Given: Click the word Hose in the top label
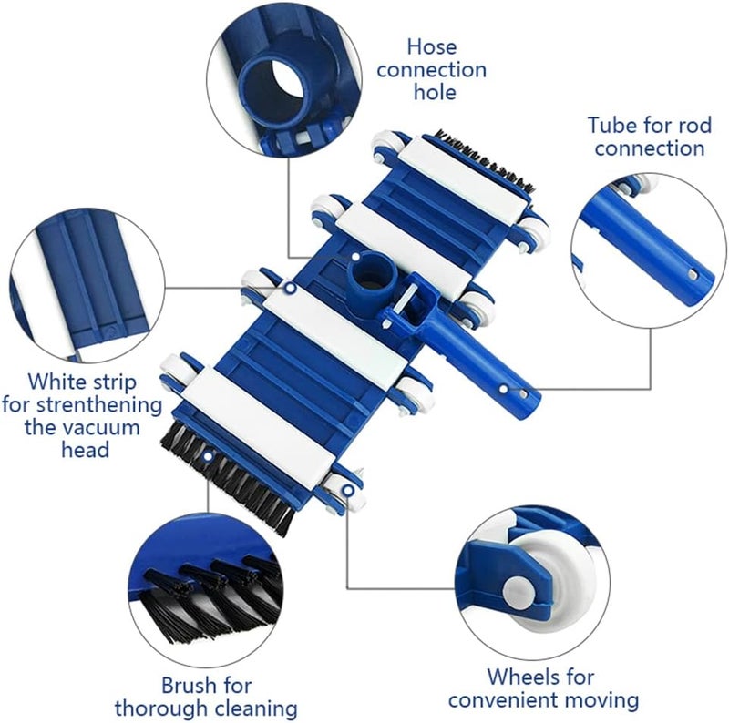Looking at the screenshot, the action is pos(432,47).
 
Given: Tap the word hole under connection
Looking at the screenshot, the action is pos(436,92).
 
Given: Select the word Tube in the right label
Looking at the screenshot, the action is pos(611,125).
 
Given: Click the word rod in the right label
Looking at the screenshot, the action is pos(693,125).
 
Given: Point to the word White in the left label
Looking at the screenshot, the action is pos(57,382).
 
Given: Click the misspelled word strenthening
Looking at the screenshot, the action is pos(98,405).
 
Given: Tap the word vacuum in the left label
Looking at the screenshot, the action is pos(100,427).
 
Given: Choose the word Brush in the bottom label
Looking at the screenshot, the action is pos(190,686).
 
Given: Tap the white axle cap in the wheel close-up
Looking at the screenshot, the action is pos(519,592).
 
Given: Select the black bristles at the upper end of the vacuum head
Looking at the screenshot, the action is pos(484,160).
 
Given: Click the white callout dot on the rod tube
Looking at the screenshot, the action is pos(504,389).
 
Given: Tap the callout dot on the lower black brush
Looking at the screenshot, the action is pos(208,457).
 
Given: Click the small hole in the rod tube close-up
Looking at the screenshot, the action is pos(693,275).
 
